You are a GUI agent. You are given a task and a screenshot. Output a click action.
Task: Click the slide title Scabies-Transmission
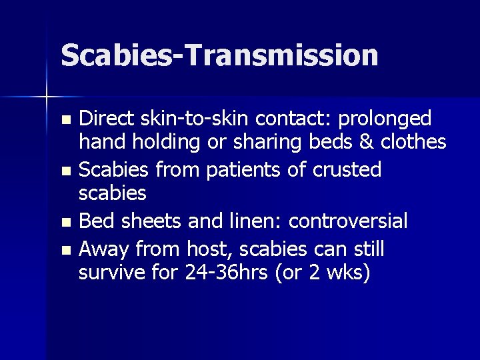[x=219, y=55]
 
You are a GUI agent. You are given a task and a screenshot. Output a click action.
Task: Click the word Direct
[x=106, y=119]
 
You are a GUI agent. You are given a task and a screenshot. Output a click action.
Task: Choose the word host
[x=207, y=249]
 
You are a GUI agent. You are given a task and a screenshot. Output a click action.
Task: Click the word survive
[x=109, y=273]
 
